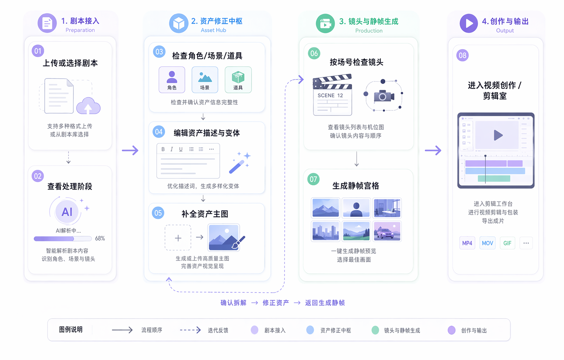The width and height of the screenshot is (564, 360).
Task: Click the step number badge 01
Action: (38, 51)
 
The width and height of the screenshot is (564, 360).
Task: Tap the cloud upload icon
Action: (88, 106)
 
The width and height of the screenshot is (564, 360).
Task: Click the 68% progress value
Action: (100, 239)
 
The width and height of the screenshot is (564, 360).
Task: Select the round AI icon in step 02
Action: (67, 212)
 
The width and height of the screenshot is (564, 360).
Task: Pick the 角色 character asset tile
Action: (172, 80)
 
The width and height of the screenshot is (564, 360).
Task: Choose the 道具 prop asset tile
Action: (238, 80)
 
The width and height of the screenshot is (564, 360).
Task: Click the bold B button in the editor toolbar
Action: (163, 149)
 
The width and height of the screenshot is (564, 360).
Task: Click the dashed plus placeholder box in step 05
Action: (178, 237)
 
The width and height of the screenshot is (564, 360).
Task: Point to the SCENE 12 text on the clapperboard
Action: (330, 96)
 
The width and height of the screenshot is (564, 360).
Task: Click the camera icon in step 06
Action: (384, 96)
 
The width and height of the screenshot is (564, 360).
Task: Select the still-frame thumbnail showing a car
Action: (387, 231)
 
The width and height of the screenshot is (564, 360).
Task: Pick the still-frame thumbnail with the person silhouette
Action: (356, 208)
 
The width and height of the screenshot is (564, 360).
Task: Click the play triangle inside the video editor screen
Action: (498, 135)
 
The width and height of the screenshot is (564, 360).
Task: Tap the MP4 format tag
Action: (467, 243)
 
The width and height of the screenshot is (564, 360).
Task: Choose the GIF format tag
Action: (507, 243)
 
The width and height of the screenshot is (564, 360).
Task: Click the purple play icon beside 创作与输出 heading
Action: (469, 23)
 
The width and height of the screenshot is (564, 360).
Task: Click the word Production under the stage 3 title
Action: (369, 31)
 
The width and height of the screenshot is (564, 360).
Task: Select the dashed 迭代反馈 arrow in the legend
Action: (190, 330)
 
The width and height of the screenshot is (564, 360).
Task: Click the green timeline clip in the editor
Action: (494, 178)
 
